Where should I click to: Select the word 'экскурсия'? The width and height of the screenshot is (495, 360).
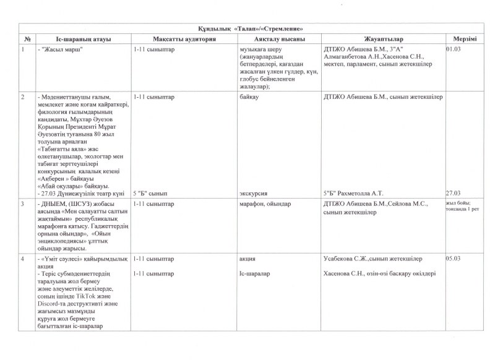pyautogui.click(x=254, y=193)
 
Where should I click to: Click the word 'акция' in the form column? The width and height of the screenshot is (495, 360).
pyautogui.click(x=247, y=258)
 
